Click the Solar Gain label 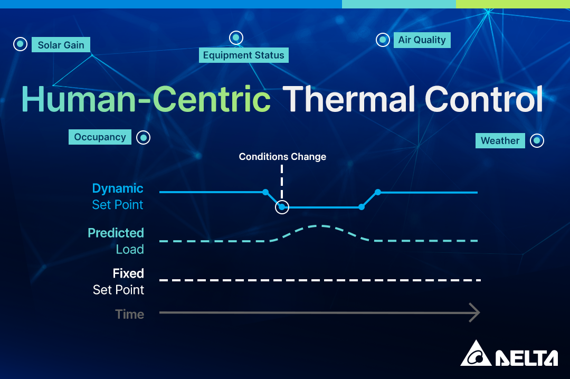click(x=61, y=45)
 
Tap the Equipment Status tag click(x=243, y=55)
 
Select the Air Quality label click(x=422, y=40)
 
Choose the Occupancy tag click(x=100, y=137)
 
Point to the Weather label click(x=500, y=141)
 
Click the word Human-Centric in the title click(x=146, y=99)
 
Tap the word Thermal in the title click(x=349, y=99)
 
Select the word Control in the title click(x=484, y=99)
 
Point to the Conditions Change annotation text click(x=282, y=157)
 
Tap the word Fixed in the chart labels click(x=128, y=273)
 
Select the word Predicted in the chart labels click(x=116, y=233)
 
